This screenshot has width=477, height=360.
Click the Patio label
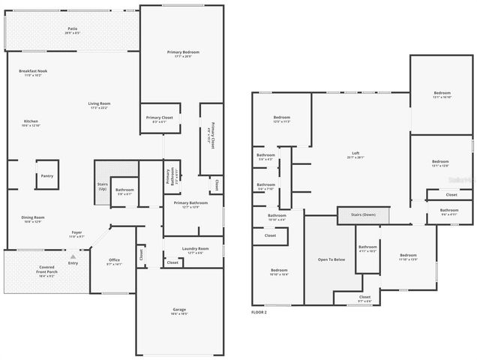(72, 31)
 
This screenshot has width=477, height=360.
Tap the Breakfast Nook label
(34, 73)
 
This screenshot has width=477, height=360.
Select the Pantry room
(46, 176)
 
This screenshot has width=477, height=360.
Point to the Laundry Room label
(193, 250)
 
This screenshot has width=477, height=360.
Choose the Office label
(113, 261)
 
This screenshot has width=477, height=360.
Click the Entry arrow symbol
(73, 256)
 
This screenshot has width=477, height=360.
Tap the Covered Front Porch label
(46, 270)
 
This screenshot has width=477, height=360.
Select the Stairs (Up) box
(103, 187)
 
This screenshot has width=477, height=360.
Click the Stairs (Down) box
(363, 215)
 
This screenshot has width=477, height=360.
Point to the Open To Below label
(331, 259)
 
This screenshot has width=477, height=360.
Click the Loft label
(355, 155)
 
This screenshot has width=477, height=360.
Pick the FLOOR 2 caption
(259, 311)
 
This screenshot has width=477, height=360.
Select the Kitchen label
(31, 123)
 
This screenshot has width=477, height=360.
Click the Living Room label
(99, 105)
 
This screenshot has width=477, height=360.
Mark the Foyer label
(76, 234)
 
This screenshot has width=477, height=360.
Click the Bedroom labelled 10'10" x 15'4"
(279, 271)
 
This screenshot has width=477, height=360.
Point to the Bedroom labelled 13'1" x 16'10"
(441, 96)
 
